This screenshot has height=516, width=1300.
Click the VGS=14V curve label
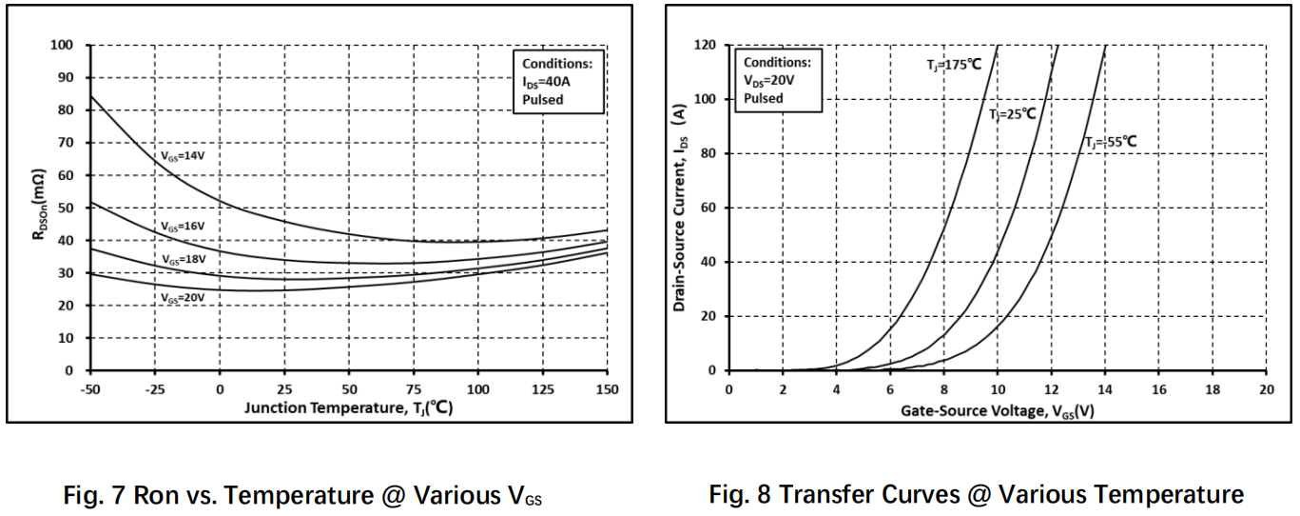pos(183,156)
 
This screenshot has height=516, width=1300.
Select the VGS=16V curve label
pos(183,226)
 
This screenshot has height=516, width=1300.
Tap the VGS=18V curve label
pos(184,259)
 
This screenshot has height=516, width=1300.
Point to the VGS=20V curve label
pos(183,298)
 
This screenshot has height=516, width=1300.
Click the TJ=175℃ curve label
pos(954,65)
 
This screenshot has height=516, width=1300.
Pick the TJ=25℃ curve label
pos(1013,114)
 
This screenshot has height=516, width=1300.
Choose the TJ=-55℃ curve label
pos(1111,142)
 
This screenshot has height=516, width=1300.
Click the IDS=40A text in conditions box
pos(546,82)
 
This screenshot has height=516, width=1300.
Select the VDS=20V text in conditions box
pos(769,81)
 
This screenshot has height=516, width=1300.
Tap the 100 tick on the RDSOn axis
pos(62,45)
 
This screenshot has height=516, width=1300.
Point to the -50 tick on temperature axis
pos(90,389)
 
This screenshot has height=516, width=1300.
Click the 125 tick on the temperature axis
pos(543,389)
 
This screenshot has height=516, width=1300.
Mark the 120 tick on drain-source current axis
pos(705,45)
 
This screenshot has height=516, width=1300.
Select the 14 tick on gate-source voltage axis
pos(1105,389)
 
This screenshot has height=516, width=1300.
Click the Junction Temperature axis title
pos(349,407)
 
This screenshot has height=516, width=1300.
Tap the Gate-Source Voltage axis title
pos(997,411)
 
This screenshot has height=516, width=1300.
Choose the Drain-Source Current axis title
pos(680,208)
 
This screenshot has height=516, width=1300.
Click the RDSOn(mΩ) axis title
pos(39,205)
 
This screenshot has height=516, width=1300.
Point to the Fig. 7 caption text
pos(302,496)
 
